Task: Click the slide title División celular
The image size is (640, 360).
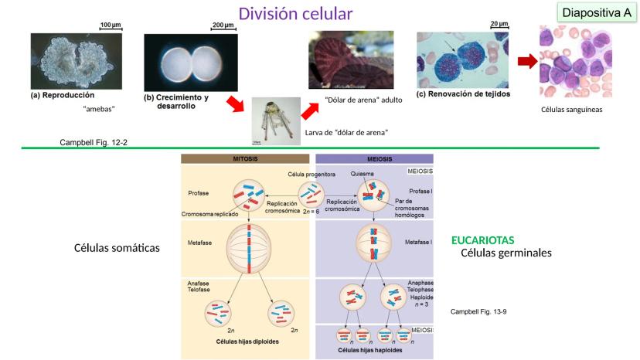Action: point(296,14)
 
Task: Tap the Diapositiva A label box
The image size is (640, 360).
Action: point(597,13)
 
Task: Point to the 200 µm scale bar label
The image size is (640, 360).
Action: point(223,25)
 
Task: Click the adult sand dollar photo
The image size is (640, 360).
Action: point(350,60)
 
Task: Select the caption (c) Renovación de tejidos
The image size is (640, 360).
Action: point(463,93)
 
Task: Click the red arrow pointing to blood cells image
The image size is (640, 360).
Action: point(526,61)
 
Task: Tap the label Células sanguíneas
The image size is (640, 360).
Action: point(572,110)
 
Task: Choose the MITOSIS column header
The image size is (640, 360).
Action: point(245,158)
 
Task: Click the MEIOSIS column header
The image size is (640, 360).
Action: point(374,158)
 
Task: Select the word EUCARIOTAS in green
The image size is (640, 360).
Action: point(482,240)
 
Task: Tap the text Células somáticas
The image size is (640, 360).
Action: point(117,248)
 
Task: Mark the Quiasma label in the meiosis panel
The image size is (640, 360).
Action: point(362,174)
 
